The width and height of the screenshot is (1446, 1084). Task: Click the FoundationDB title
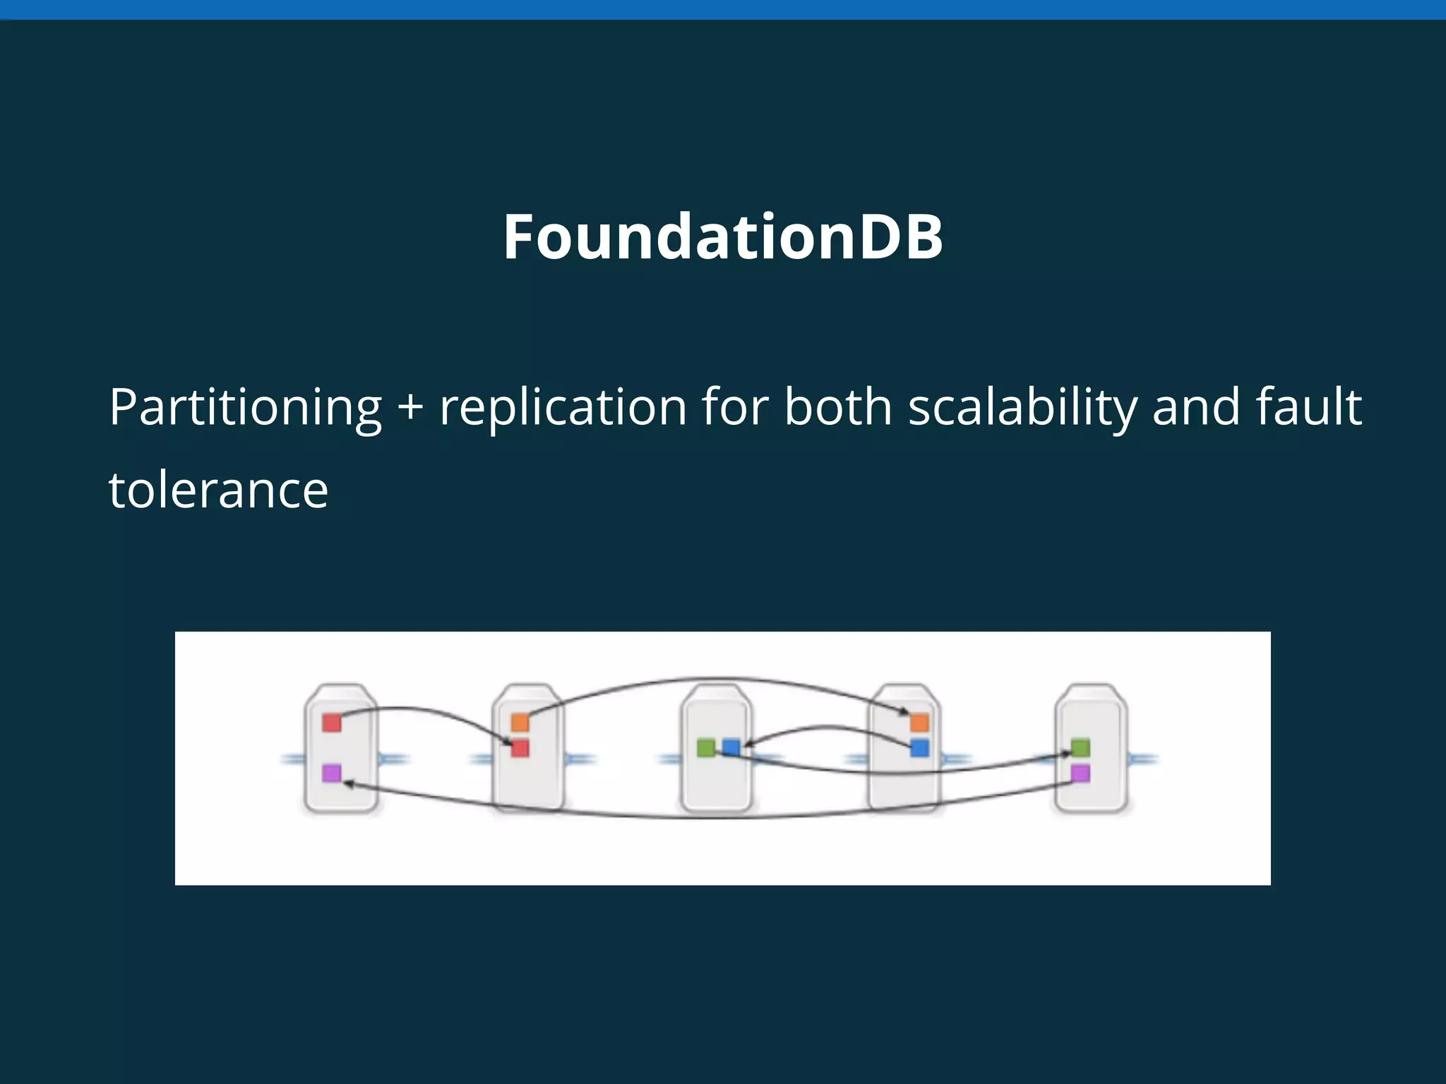(723, 237)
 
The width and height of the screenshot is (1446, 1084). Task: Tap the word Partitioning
(245, 408)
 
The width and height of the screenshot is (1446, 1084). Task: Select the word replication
(563, 408)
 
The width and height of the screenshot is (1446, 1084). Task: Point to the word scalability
(1022, 408)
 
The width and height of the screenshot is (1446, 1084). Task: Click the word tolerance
(218, 490)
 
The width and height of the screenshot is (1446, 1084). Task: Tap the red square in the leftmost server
(332, 723)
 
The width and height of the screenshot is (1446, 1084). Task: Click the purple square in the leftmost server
(332, 773)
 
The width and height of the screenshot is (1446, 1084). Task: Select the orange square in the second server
(520, 723)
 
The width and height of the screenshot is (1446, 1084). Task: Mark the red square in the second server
(520, 748)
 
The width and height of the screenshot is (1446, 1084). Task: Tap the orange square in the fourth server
(919, 723)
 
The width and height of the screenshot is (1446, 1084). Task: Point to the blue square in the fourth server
(919, 748)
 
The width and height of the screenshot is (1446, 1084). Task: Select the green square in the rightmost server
(1080, 748)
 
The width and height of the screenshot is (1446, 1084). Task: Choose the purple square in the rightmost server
(1080, 773)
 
